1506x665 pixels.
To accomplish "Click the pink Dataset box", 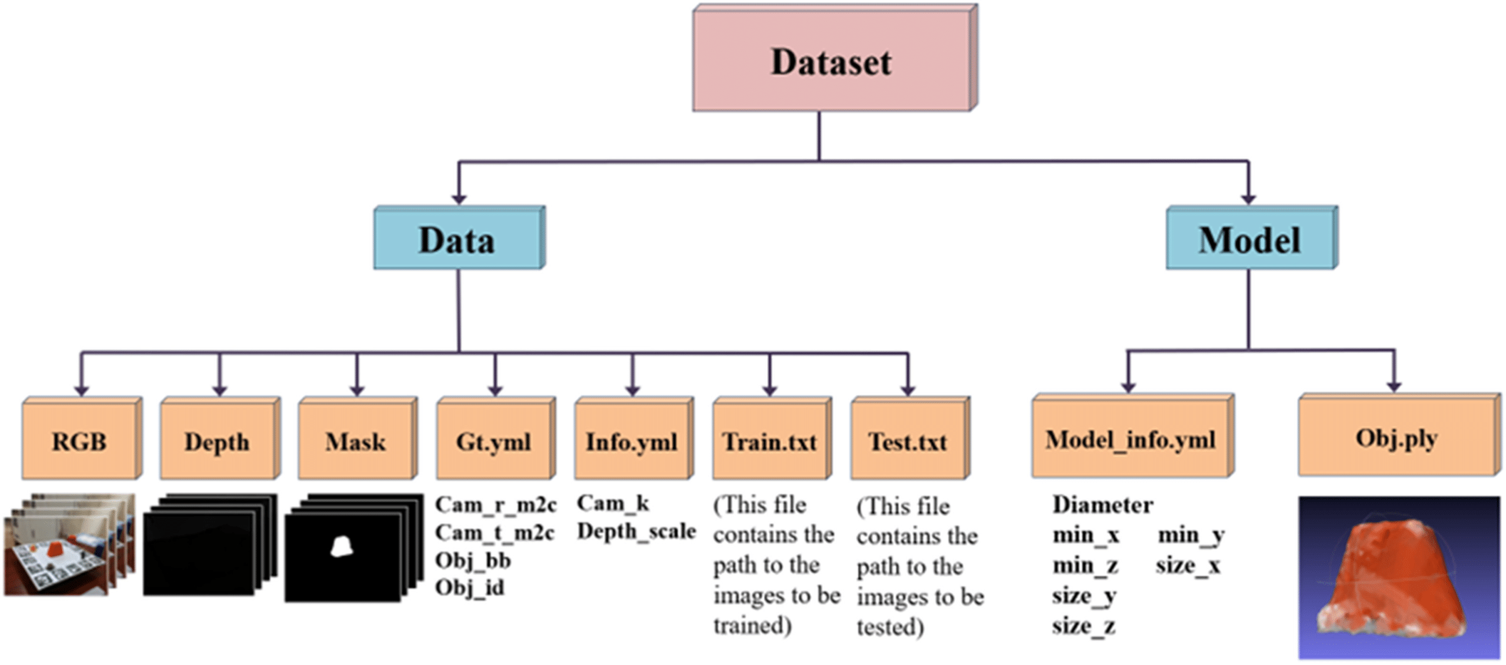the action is (x=835, y=58).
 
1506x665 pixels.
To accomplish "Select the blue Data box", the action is (x=459, y=238).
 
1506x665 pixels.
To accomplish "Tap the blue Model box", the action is (x=1252, y=238).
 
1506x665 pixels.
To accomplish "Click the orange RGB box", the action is (x=82, y=438).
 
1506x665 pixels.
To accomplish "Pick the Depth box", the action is (x=220, y=438).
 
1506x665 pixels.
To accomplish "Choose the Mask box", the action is (x=358, y=438).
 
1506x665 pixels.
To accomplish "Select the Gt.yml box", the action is (x=496, y=438).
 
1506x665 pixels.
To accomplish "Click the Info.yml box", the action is (x=634, y=438).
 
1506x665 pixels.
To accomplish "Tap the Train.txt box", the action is (x=772, y=438).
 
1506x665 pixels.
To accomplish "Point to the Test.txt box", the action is (x=910, y=438).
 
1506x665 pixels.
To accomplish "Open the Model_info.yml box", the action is (x=1133, y=436).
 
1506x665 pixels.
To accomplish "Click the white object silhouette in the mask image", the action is (x=341, y=546).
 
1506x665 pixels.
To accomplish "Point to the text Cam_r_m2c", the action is (x=495, y=504).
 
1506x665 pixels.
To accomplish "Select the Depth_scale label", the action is (x=637, y=532).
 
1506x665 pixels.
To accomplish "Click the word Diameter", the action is (x=1102, y=504).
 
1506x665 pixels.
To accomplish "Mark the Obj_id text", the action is (x=469, y=587).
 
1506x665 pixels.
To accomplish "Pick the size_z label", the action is (x=1084, y=626).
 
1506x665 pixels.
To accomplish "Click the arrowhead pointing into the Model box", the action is (x=1248, y=199).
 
